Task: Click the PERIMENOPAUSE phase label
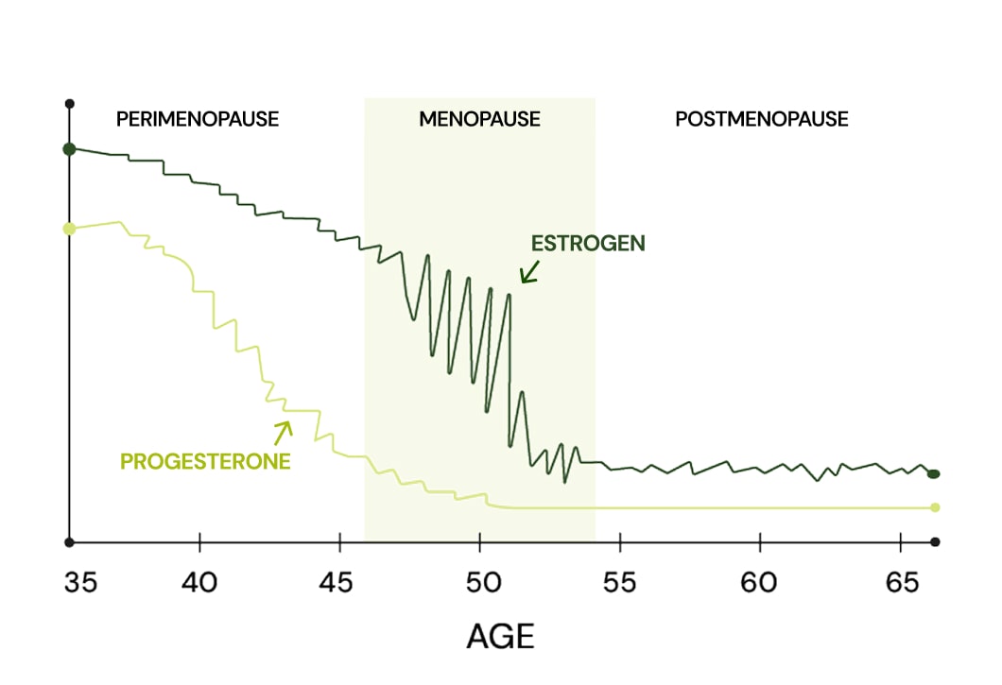pos(198,120)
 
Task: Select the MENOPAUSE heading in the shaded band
pos(479,120)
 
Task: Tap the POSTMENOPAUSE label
pos(761,120)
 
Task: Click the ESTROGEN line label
pos(588,243)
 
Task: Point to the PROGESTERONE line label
pos(205,462)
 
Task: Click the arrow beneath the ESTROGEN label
pos(528,272)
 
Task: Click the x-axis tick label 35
pos(81,583)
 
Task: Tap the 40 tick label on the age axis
pos(199,583)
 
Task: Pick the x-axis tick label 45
pos(339,583)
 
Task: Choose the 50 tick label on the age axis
pos(479,583)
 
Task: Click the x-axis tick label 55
pos(619,583)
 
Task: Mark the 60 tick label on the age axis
pos(759,583)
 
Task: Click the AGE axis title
pos(500,636)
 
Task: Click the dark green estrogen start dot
pos(69,149)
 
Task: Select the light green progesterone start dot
pos(69,229)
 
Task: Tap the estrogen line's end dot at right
pos(934,473)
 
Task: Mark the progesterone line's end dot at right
pos(935,507)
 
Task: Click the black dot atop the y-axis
pos(69,103)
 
